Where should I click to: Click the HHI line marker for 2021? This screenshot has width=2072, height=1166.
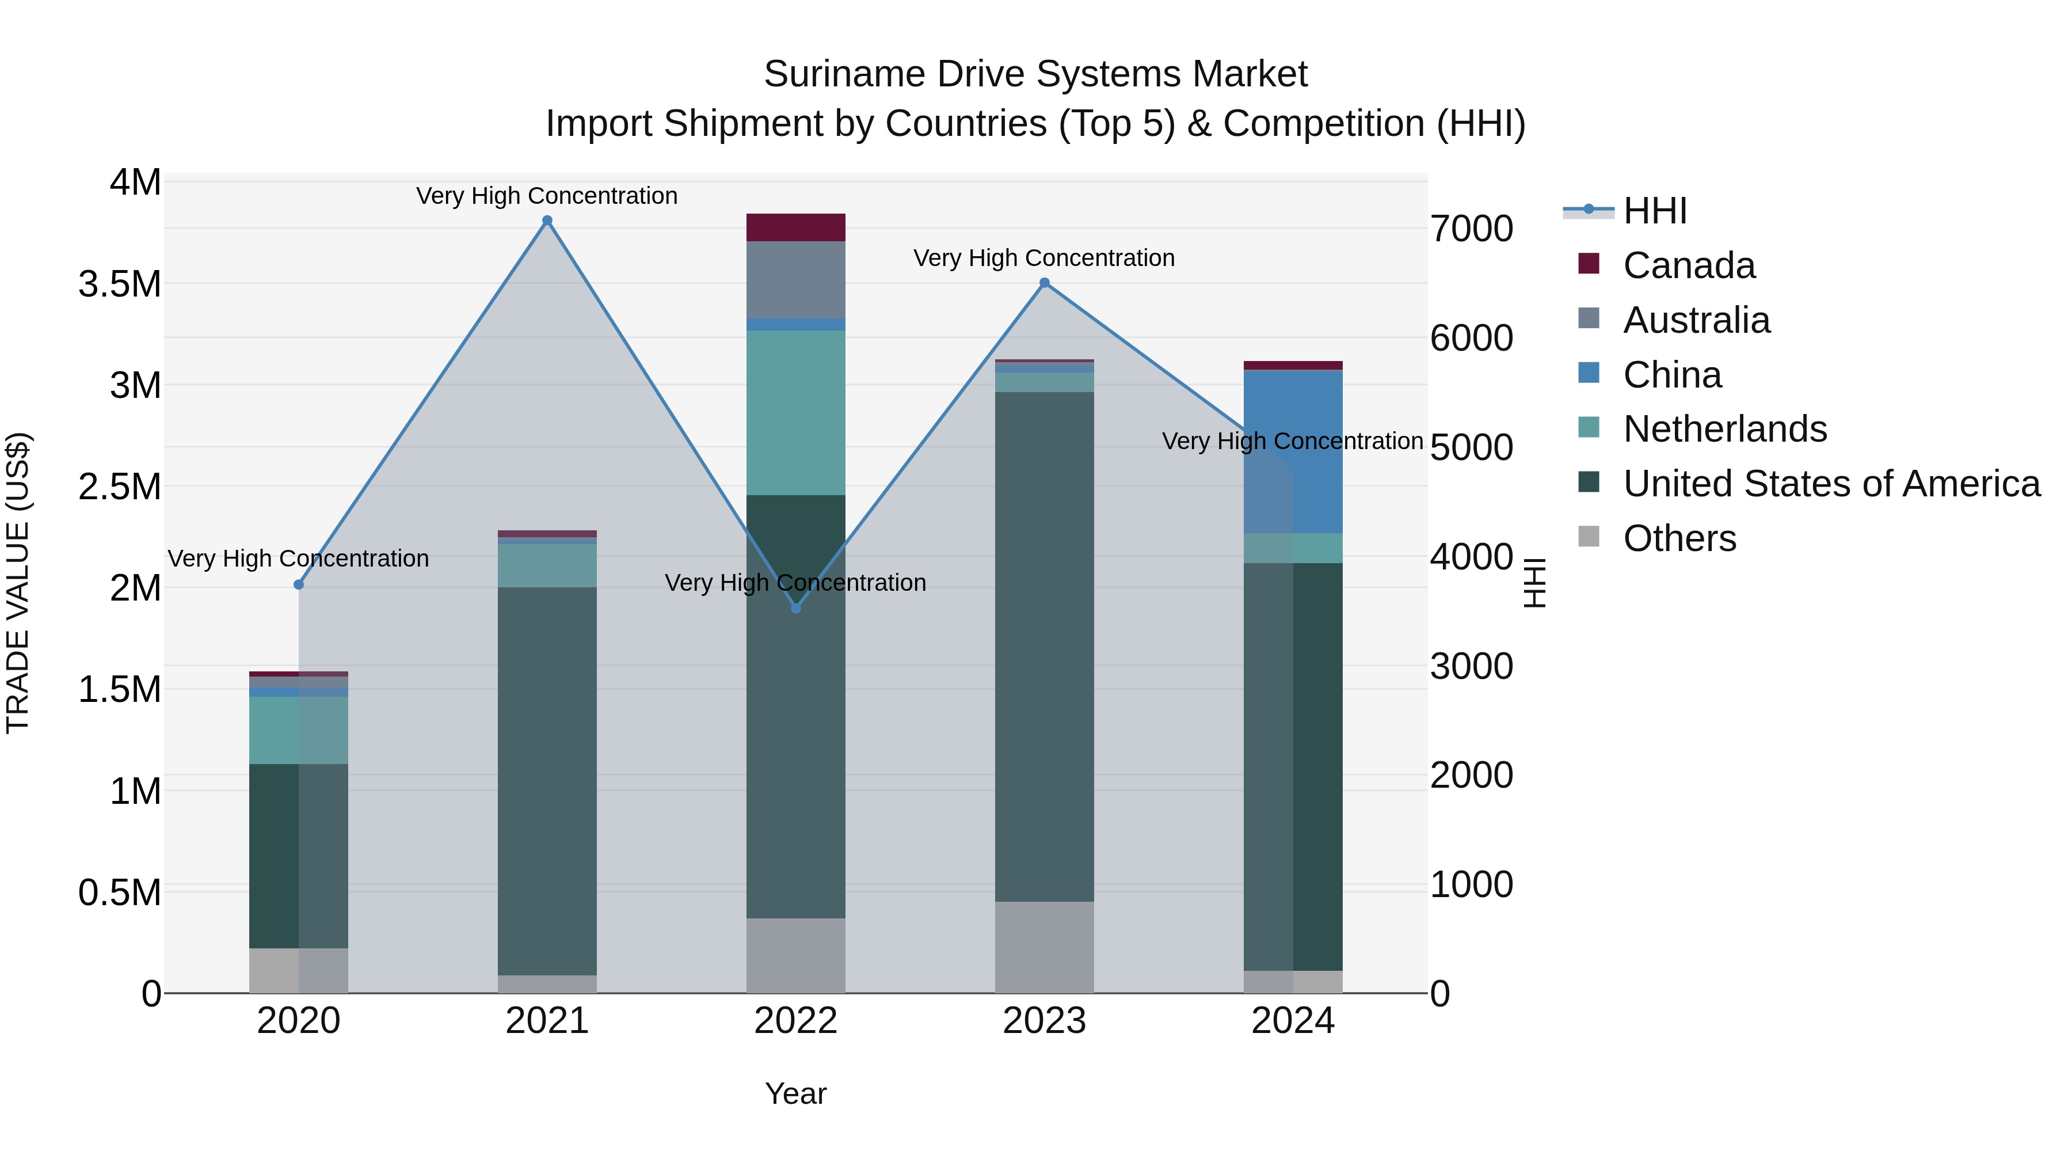547,221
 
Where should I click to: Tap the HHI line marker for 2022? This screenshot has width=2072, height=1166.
795,609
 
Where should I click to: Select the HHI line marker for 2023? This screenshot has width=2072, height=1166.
1044,283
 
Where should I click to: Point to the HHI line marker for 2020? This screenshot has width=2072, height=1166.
298,584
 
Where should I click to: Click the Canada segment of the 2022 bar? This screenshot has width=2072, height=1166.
795,227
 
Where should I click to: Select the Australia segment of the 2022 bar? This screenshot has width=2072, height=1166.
795,280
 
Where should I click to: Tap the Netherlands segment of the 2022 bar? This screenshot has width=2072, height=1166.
795,412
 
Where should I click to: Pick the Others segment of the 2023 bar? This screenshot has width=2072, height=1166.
1044,947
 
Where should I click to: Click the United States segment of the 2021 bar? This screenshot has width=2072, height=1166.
547,781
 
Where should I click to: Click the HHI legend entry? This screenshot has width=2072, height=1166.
1655,211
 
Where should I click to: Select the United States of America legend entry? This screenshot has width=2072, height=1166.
1831,484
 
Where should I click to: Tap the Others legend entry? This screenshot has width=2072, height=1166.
1679,538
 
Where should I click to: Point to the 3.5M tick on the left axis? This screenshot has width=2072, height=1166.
120,284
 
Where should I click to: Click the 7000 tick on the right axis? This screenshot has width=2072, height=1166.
1471,229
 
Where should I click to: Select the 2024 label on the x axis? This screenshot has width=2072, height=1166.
1293,1021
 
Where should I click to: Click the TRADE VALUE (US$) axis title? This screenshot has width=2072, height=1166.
18,583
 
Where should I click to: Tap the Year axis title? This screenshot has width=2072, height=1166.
795,1093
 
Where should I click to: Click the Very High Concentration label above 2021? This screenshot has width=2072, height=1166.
547,196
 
